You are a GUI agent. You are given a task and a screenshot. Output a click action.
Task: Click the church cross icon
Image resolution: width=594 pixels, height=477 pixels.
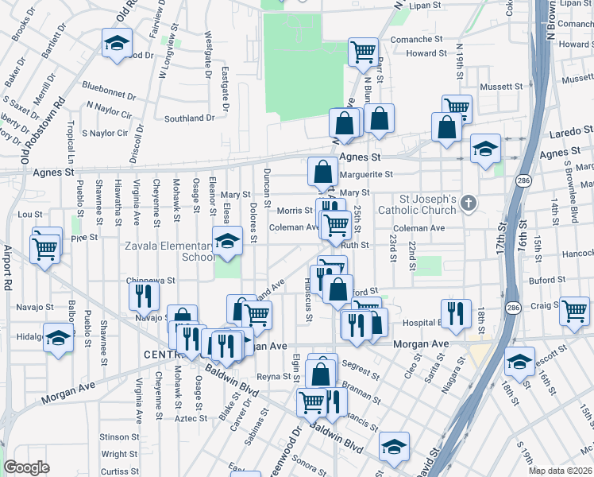pos(469,204)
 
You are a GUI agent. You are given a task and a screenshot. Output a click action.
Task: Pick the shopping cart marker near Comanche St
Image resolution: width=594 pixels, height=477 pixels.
pos(363,52)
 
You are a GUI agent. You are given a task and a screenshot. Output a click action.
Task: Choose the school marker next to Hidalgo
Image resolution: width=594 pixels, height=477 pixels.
pos(58,337)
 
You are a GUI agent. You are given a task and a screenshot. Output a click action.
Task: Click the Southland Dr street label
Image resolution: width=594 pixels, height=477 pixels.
pos(189,118)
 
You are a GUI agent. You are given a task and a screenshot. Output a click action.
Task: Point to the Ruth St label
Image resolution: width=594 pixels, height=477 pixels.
pos(355,246)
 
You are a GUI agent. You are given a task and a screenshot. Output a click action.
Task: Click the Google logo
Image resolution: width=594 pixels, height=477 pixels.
pos(26,467)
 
